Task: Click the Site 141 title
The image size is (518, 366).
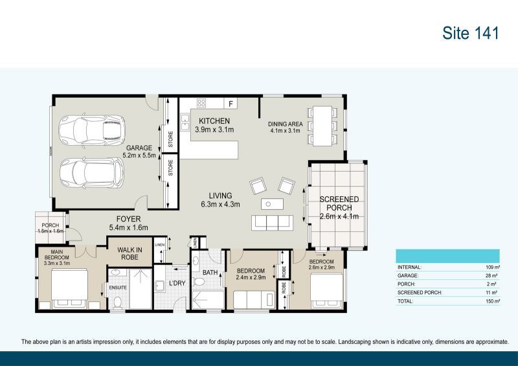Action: tap(471, 33)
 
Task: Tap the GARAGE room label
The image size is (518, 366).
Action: tap(139, 148)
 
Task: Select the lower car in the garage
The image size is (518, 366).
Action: tap(91, 172)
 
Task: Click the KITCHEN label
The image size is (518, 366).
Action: tap(214, 121)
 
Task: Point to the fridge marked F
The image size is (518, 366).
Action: tap(230, 103)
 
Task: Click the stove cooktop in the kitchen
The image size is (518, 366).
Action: tap(201, 103)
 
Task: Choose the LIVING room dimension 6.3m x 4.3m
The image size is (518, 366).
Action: tap(220, 205)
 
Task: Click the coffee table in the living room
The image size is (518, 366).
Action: tap(272, 204)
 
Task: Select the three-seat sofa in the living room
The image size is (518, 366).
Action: tap(272, 223)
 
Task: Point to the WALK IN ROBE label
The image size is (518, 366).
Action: tap(129, 253)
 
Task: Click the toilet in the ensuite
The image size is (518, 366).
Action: tap(117, 302)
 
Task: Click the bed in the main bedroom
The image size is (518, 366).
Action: tap(69, 286)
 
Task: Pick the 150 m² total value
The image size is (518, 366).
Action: tap(491, 301)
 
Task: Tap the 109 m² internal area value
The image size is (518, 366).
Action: tap(491, 267)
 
